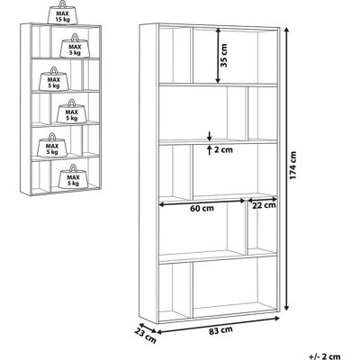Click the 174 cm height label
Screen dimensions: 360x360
(293, 166)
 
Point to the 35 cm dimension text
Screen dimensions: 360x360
(223, 55)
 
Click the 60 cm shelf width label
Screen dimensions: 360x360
(202, 208)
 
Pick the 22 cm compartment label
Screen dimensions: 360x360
(264, 205)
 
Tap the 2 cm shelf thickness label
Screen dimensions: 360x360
(223, 149)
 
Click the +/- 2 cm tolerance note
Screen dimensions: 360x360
(325, 356)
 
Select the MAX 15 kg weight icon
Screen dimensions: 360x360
(62, 13)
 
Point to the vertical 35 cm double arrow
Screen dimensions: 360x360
(218, 56)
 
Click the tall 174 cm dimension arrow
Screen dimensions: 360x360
(286, 169)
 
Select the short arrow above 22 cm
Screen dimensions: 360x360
(262, 199)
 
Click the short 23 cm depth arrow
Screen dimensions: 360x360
(148, 328)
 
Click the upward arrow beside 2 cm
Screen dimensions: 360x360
(210, 149)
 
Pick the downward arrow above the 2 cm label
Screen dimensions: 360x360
(210, 136)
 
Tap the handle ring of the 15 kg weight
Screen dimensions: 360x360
(63, 4)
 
